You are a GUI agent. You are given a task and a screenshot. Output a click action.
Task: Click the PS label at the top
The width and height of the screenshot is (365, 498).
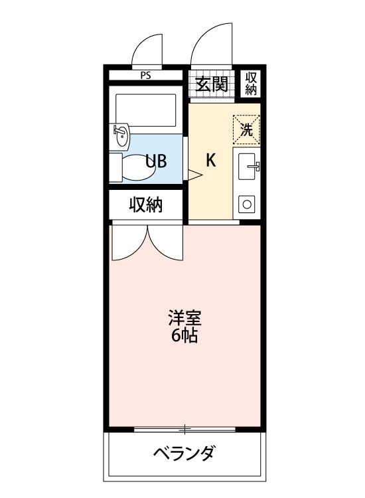pyautogui.click(x=145, y=75)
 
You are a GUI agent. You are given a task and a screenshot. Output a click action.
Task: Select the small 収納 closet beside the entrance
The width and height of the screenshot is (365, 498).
pyautogui.click(x=250, y=84)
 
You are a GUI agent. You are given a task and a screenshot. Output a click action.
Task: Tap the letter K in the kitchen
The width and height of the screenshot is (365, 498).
pyautogui.click(x=210, y=160)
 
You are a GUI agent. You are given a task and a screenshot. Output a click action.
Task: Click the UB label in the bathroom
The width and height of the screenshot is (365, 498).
pyautogui.click(x=157, y=161)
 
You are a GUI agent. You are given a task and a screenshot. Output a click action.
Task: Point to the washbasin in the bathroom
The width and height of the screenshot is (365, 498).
pyautogui.click(x=122, y=137)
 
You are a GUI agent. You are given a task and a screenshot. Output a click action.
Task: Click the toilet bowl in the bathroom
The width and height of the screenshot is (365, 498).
pyautogui.click(x=137, y=169)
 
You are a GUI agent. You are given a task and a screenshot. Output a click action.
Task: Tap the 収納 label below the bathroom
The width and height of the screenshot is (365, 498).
pyautogui.click(x=145, y=206)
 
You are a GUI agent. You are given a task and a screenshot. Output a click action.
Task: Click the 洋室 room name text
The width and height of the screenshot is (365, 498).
pyautogui.click(x=184, y=317)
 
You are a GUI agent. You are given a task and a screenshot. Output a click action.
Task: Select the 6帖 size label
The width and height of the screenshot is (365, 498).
pyautogui.click(x=184, y=336)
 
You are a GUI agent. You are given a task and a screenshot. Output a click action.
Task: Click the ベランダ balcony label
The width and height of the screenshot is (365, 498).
pyautogui.click(x=184, y=455)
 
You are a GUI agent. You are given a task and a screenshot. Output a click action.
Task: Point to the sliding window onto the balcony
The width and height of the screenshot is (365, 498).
pyautogui.click(x=184, y=429)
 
